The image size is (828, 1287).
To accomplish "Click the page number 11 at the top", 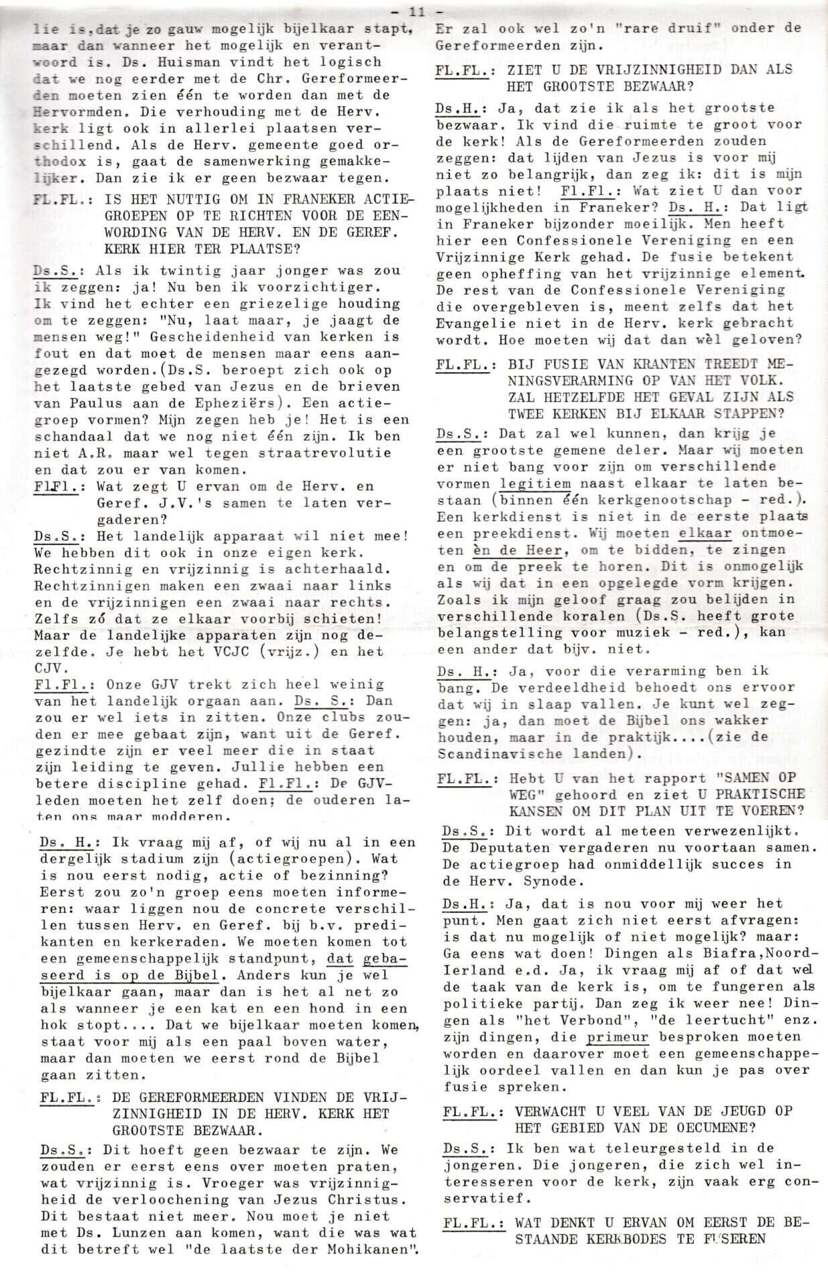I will tap(416, 11).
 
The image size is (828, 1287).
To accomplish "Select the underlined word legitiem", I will tap(535, 483).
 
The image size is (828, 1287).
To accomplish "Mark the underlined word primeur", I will tap(618, 1036).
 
